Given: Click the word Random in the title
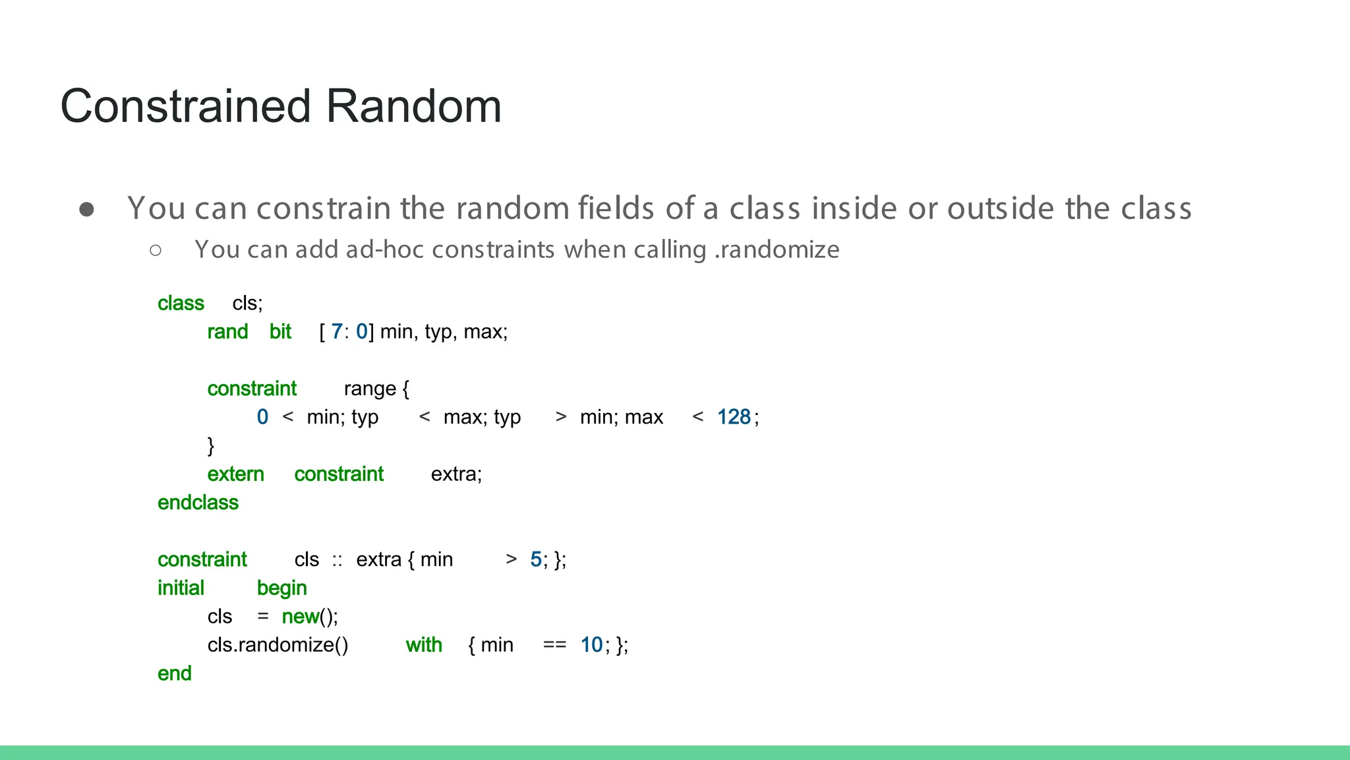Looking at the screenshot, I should click(413, 106).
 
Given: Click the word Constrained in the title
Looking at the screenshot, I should click(185, 106).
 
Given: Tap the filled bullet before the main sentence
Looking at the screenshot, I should click(86, 209).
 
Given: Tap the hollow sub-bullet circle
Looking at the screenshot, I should click(156, 250).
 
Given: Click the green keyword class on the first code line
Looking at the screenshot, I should click(181, 303).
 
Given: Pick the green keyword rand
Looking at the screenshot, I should click(227, 332).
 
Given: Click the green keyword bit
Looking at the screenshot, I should click(280, 332).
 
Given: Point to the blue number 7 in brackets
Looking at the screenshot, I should click(336, 332).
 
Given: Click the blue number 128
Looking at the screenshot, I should click(734, 417).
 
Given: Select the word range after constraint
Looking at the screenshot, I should click(370, 389).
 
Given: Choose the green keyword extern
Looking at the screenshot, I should click(235, 474).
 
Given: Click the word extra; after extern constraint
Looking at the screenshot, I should click(456, 474).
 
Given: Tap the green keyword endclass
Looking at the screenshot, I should click(198, 503).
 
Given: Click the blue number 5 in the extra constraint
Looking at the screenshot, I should click(535, 559).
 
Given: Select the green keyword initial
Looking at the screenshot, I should click(181, 588).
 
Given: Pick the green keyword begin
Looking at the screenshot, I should click(281, 588).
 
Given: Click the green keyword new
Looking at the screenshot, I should click(300, 617).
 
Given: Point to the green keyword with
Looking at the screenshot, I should click(424, 645).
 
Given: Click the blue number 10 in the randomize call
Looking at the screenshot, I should click(591, 645).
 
